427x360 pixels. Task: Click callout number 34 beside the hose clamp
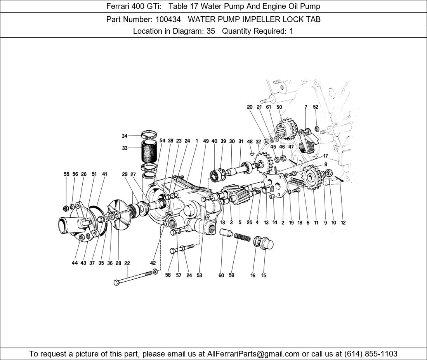click(125, 136)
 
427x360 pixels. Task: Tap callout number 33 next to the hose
click(125, 148)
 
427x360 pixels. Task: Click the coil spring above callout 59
click(242, 237)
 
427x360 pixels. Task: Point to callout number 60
click(221, 275)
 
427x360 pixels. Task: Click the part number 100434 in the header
click(168, 19)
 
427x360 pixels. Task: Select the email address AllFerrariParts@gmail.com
click(253, 354)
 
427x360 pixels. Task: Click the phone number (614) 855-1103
click(371, 354)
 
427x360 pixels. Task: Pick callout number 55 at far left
click(67, 174)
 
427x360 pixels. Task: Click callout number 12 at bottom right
click(343, 223)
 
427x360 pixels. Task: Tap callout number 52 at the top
click(315, 107)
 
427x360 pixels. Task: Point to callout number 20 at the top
click(250, 107)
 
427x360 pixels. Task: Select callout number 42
click(153, 263)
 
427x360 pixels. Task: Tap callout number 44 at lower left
click(75, 263)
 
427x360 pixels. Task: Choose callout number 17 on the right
click(325, 156)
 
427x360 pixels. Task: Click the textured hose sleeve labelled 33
click(149, 151)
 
